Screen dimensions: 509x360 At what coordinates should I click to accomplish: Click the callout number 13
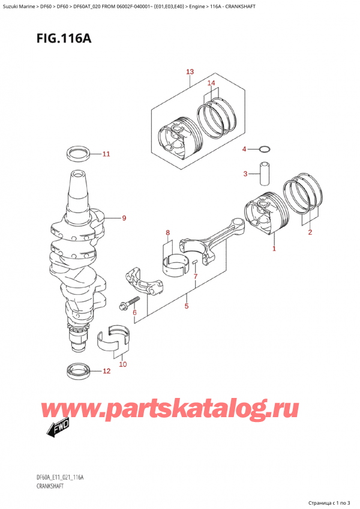[x=190, y=72]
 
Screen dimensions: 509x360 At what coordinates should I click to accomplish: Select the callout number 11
[x=106, y=154]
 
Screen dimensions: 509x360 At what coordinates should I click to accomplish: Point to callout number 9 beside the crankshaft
[x=124, y=218]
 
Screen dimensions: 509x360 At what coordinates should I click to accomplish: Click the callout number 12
[x=106, y=371]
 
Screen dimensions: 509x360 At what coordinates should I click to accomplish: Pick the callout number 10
[x=123, y=364]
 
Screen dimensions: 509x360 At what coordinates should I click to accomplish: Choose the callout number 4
[x=244, y=149]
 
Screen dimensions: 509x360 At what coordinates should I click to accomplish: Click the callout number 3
[x=245, y=174]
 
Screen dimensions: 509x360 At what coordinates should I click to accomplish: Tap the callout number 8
[x=168, y=233]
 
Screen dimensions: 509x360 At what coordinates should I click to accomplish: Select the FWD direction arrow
[x=57, y=428]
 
